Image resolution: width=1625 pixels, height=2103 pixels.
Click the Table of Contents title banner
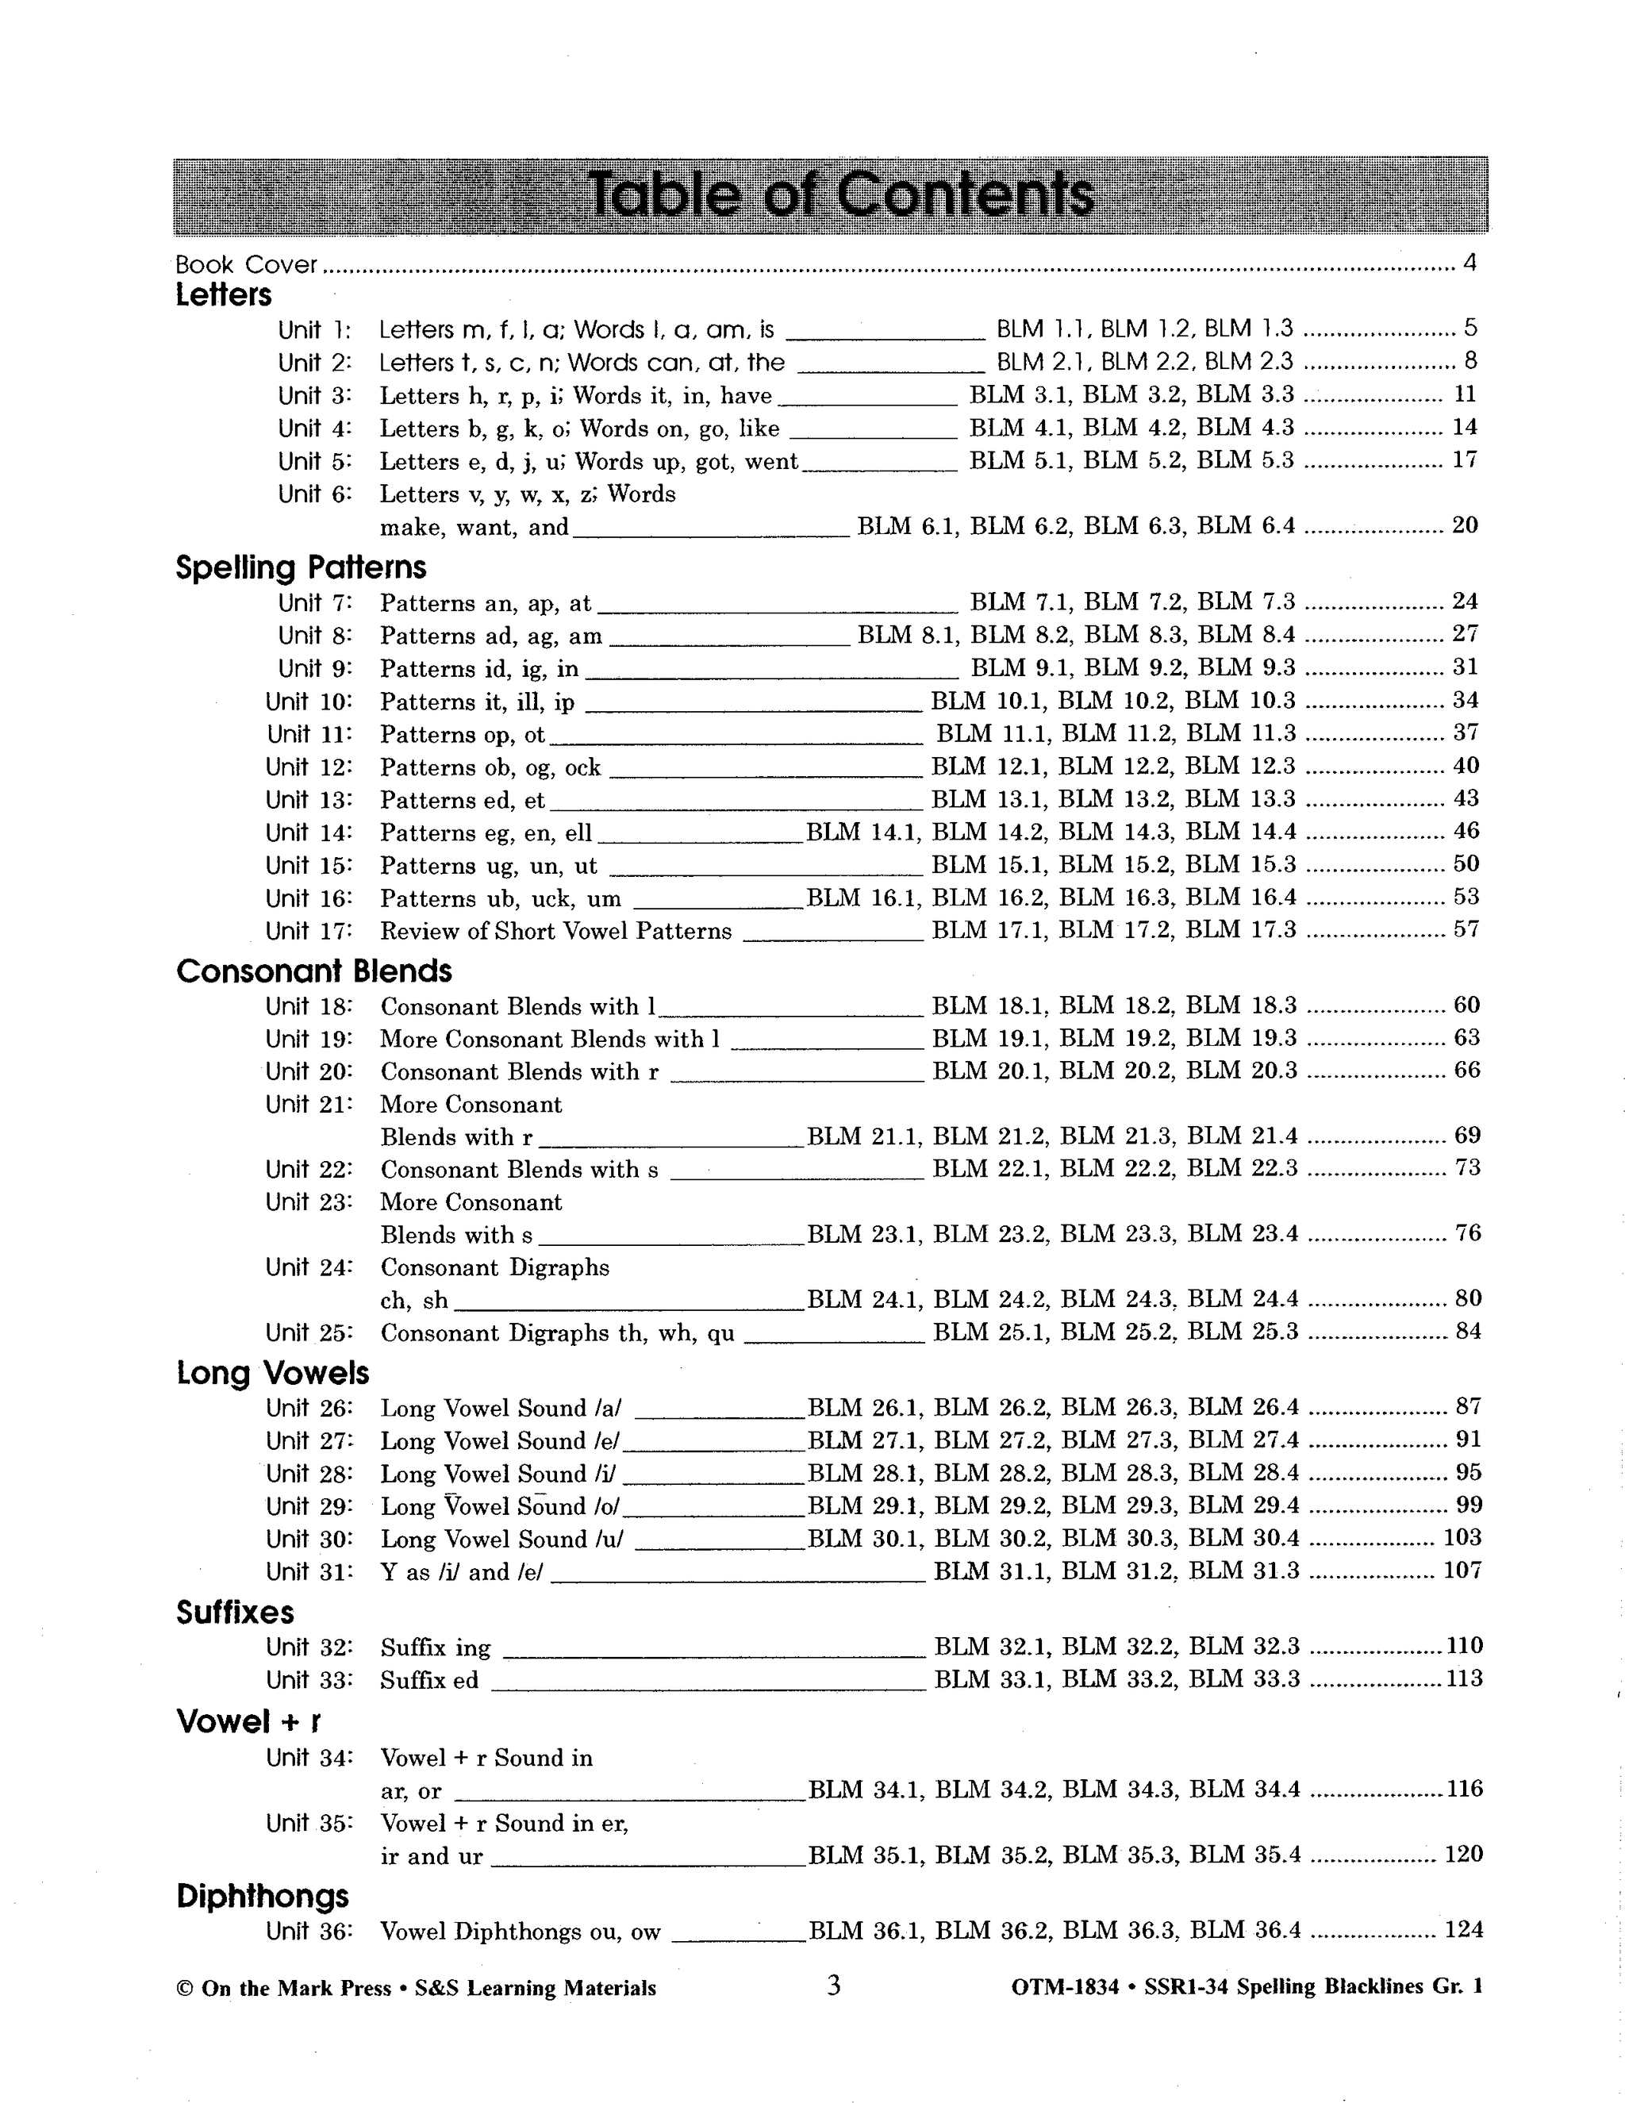point(831,195)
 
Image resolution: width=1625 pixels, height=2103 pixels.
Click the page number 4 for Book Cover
point(1469,262)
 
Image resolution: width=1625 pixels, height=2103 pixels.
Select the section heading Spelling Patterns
point(301,567)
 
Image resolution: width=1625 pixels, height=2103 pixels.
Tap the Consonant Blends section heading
point(314,971)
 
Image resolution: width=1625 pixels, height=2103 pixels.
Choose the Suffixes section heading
point(235,1612)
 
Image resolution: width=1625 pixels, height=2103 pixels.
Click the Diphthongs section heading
point(262,1896)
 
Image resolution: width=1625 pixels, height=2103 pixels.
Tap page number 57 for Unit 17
point(1466,929)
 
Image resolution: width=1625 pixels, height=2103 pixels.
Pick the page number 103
point(1462,1537)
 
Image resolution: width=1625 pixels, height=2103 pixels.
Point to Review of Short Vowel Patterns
point(555,931)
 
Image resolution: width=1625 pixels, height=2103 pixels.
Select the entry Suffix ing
point(435,1647)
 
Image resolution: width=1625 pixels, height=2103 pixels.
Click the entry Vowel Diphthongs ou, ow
point(521,1932)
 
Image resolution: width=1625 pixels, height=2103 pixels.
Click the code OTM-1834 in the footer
point(1065,1987)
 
